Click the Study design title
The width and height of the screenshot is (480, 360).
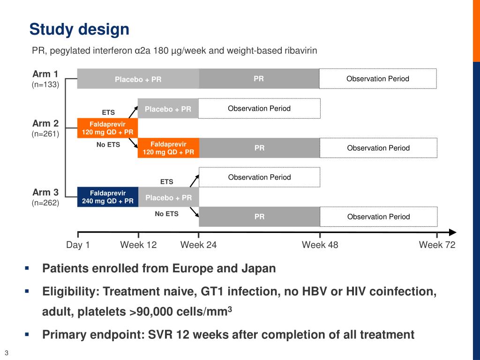point(79,30)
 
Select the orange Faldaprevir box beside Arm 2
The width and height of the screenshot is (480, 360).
point(107,128)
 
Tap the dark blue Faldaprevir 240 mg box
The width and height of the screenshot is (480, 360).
point(107,197)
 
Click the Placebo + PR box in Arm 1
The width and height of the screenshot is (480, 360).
point(138,79)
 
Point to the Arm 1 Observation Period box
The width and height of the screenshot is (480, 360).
point(377,79)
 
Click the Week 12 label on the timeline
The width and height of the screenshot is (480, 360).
point(138,245)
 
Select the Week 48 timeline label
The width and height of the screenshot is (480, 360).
point(320,245)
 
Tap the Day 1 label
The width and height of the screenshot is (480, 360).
point(78,245)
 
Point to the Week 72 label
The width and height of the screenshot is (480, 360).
point(437,245)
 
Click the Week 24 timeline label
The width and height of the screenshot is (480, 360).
point(198,245)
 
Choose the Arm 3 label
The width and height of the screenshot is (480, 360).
point(45,192)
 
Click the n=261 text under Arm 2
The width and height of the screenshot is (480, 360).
point(45,134)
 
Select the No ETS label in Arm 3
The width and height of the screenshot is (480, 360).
point(166,214)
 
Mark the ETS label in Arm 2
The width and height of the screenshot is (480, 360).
point(108,112)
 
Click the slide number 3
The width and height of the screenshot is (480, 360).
point(7,353)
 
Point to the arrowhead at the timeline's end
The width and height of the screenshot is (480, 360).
point(452,232)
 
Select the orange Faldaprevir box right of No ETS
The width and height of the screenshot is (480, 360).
point(168,148)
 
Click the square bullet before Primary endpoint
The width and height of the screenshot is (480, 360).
point(27,334)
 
